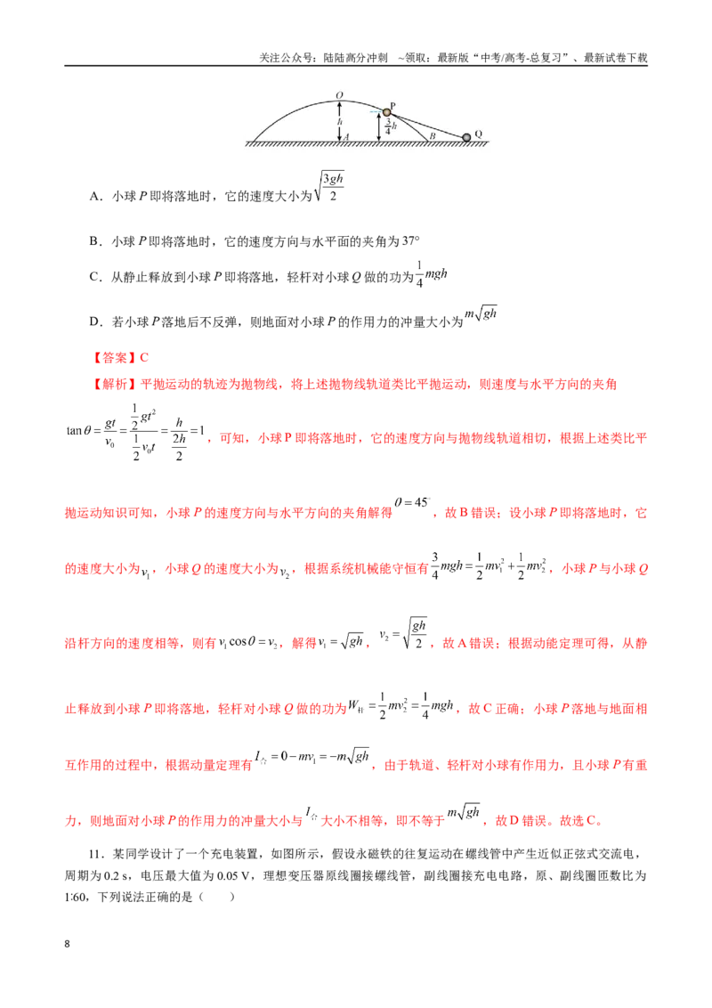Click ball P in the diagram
387,112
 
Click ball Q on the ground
466,137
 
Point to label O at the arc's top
339,95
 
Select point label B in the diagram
433,136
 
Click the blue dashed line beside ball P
376,112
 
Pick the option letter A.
94,196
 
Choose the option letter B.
94,241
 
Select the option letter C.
94,277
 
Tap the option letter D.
94,321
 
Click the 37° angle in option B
410,241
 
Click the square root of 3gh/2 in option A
329,186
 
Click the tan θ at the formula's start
79,430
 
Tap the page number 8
67,944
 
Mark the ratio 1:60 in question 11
77,897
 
